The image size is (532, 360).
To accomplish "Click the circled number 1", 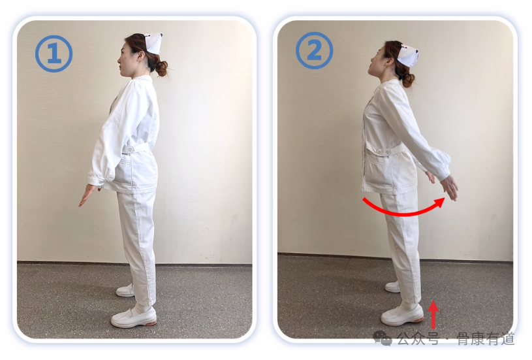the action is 54,54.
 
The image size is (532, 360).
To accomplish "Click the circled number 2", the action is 314,50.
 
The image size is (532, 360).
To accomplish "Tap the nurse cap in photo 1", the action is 153,42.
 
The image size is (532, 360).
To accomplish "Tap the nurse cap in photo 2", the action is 408,55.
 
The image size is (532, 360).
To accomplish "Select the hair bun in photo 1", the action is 161,68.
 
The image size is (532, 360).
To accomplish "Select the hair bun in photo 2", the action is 408,80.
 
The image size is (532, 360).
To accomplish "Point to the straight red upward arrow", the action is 433,315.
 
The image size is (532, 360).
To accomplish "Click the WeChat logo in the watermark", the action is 383,338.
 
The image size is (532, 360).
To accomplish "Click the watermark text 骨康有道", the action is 486,338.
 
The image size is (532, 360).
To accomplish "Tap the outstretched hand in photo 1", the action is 87,195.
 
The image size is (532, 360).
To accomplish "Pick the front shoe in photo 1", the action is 134,318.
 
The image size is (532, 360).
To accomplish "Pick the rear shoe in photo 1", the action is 125,290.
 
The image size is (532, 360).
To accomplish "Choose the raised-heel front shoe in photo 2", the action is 402,316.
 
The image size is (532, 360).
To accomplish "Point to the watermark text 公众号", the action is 418,338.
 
